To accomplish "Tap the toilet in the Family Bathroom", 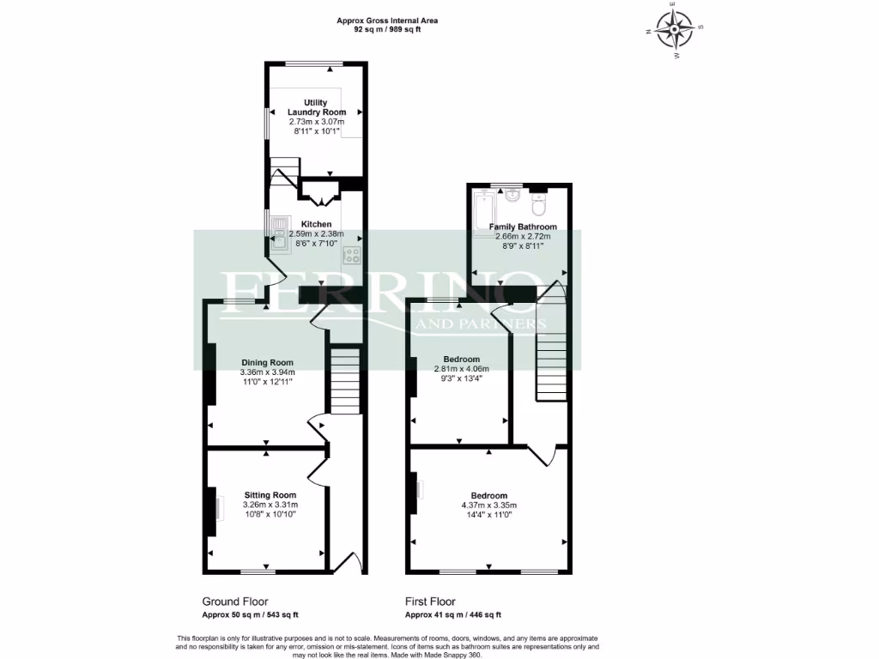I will [539, 204].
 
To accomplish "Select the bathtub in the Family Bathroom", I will [481, 210].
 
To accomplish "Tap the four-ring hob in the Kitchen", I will [352, 254].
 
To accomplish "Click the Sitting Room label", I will [270, 495].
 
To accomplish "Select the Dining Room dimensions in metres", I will [267, 372].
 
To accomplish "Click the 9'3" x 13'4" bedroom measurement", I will [461, 379].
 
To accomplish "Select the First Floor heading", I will [430, 602].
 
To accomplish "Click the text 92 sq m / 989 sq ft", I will [388, 29].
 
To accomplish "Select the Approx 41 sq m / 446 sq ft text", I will [453, 614].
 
